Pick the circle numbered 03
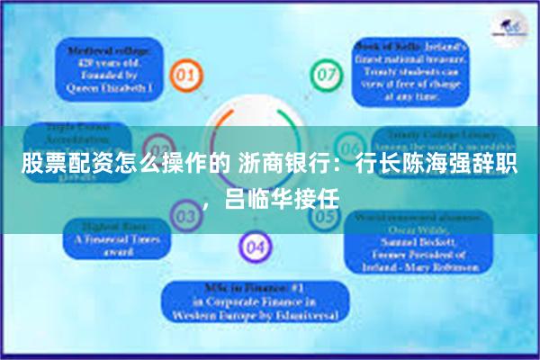(184, 216)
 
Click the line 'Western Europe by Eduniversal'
(256, 318)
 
